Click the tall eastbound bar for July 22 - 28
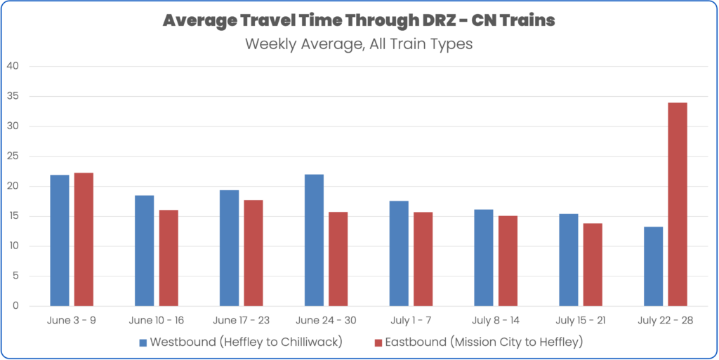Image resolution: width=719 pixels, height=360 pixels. [x=677, y=204]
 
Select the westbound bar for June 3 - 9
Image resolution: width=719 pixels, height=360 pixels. [x=60, y=240]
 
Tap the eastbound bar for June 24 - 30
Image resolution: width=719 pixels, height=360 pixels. [x=338, y=259]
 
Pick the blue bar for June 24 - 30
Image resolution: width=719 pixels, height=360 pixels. [x=314, y=240]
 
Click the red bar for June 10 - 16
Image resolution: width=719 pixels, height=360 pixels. [x=169, y=258]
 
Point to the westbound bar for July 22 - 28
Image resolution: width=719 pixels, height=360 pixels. [x=653, y=266]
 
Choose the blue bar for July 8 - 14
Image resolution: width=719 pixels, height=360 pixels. [x=484, y=258]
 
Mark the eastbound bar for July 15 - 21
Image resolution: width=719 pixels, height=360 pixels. [x=593, y=265]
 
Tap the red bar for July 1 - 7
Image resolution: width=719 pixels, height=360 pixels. [x=423, y=259]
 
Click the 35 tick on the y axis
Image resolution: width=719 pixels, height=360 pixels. [x=14, y=96]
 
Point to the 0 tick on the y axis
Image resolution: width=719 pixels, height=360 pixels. [x=17, y=306]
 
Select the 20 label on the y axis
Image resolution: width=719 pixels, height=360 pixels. [x=14, y=186]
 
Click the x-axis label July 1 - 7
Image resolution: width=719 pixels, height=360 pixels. [x=411, y=320]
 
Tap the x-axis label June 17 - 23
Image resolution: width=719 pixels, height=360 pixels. [x=241, y=320]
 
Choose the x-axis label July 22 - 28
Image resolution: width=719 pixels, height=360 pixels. [x=665, y=320]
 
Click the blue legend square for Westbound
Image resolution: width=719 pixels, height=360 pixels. [x=143, y=342]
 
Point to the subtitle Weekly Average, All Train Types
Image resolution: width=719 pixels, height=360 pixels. [x=359, y=44]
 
